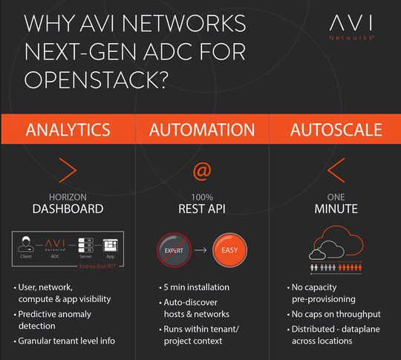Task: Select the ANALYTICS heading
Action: [68, 131]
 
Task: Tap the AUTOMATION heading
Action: [201, 131]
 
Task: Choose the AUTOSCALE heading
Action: [336, 131]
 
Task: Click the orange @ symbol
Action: [201, 171]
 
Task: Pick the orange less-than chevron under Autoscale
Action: [336, 171]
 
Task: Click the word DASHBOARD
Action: [68, 209]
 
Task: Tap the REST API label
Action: [201, 209]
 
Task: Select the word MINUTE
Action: [336, 209]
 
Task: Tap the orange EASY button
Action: [229, 251]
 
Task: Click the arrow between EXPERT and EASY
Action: [200, 251]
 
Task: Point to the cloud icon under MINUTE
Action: [336, 245]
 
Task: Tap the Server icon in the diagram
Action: [86, 244]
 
